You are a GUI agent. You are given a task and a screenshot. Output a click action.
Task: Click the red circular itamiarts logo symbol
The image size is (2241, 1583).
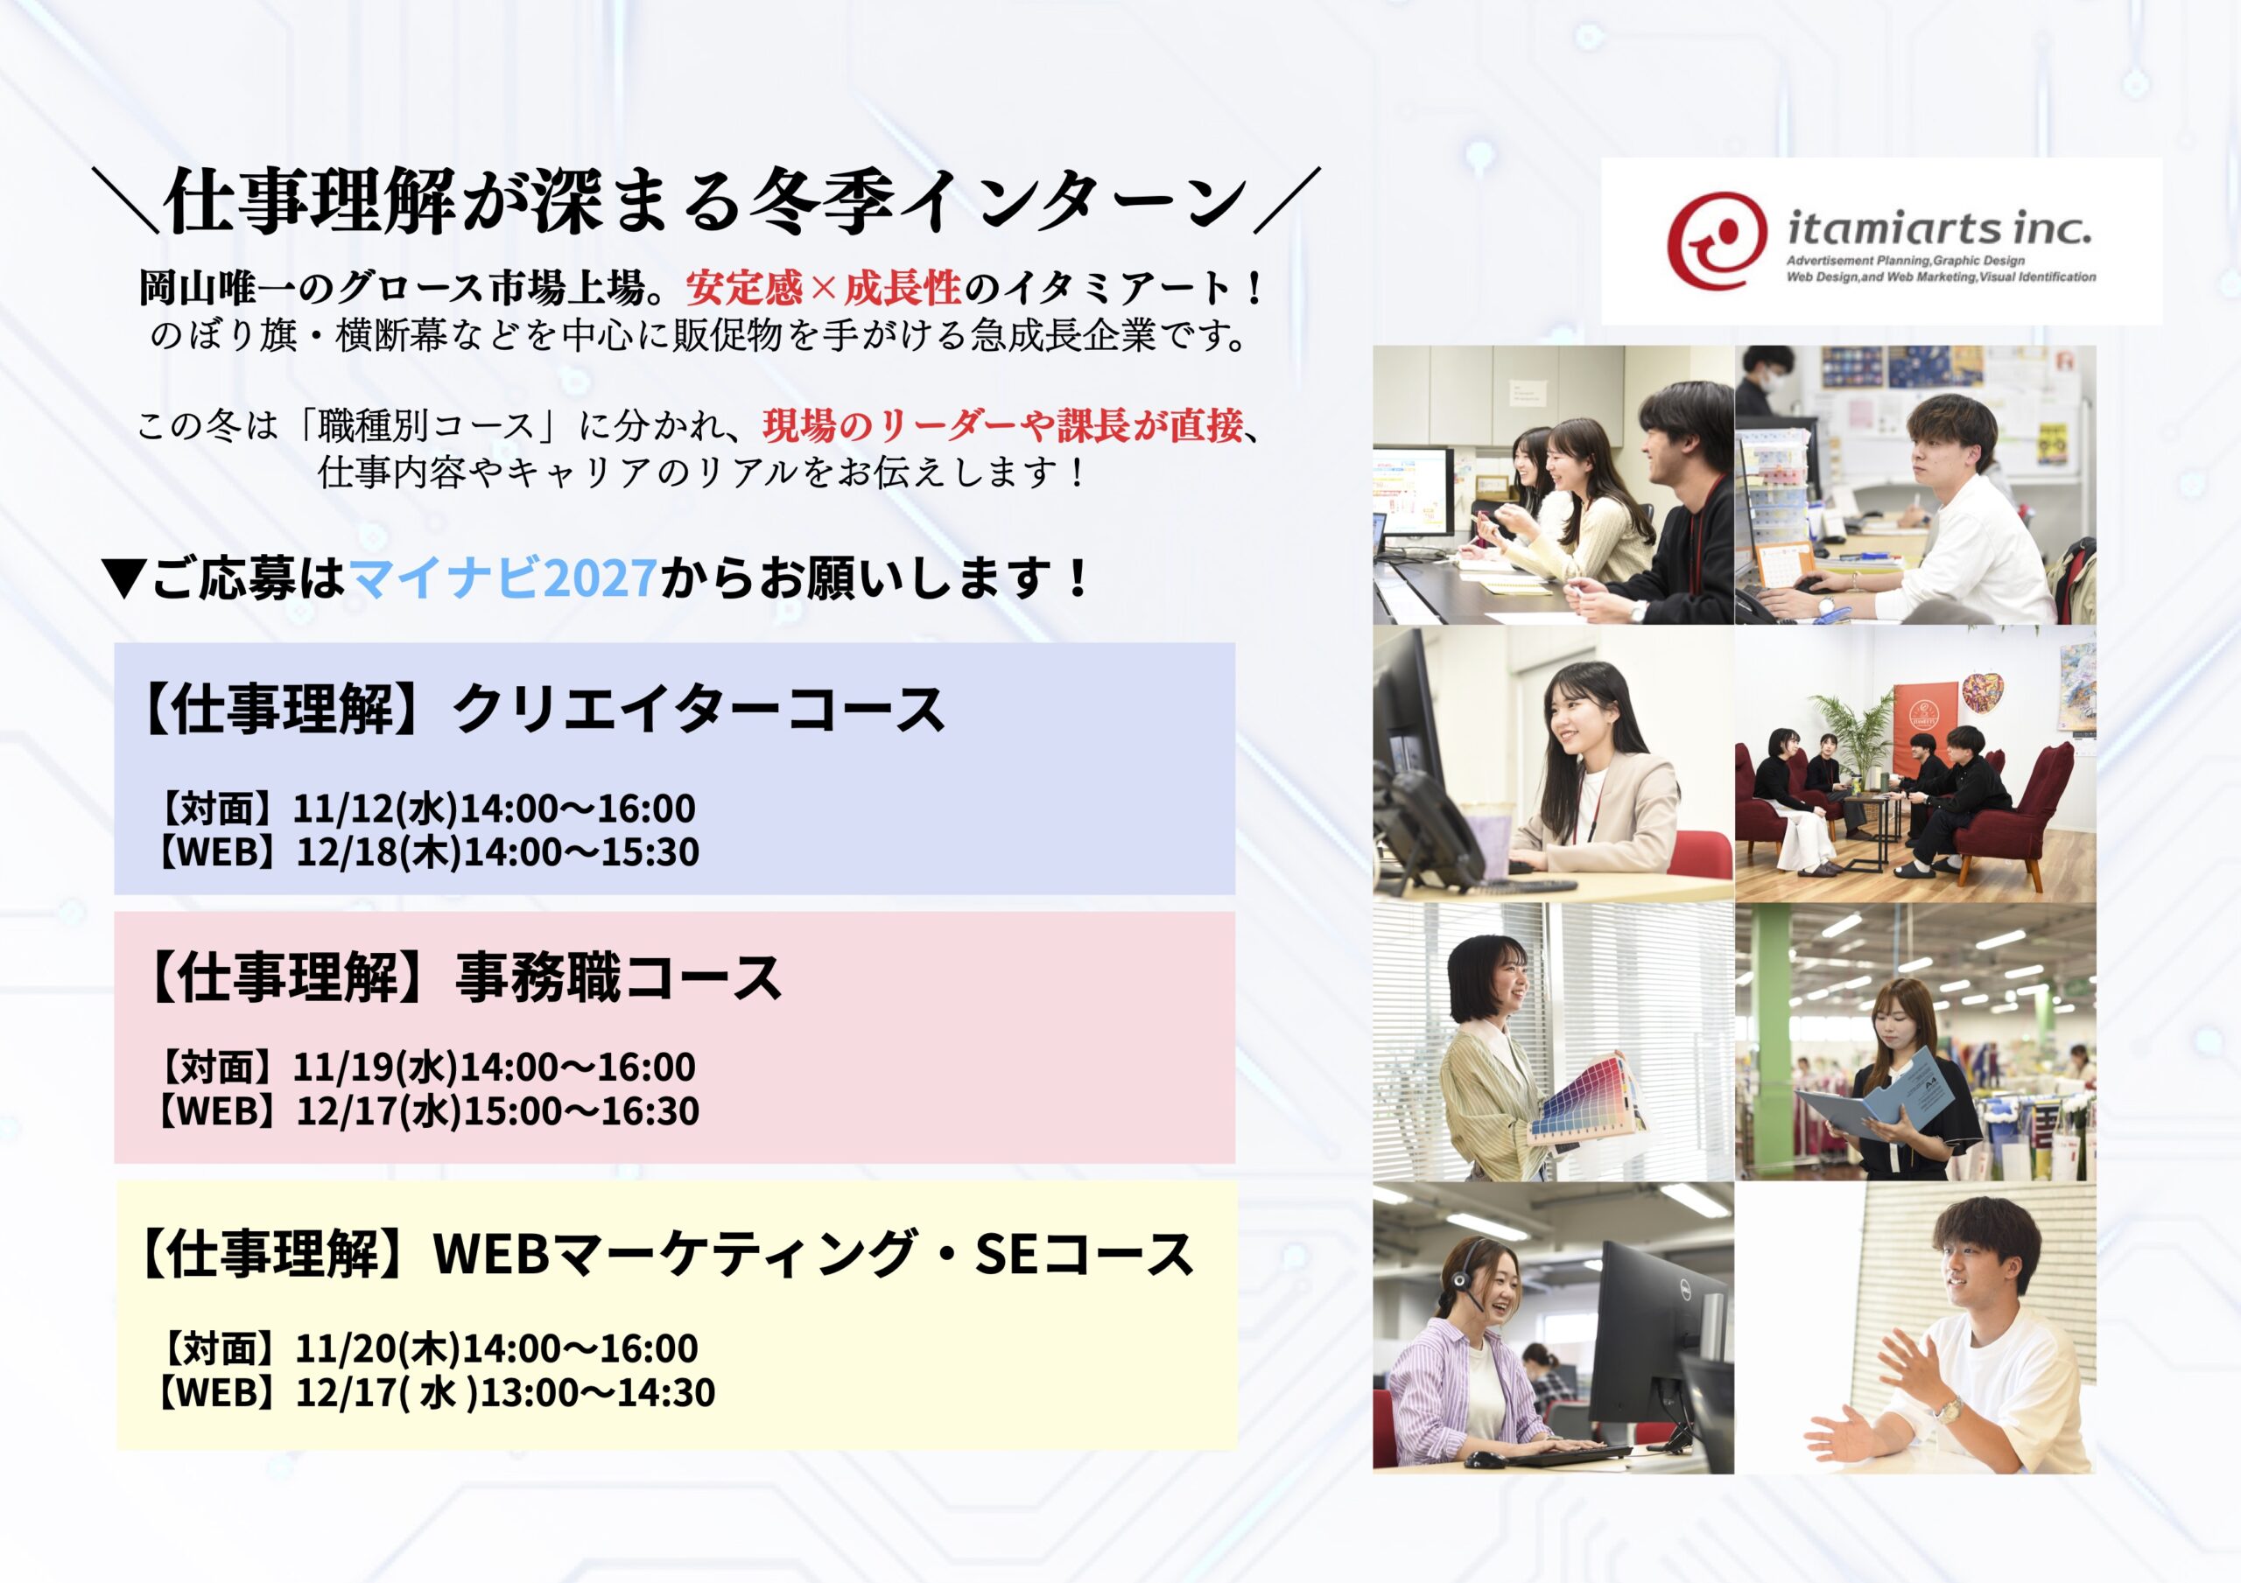click(x=1717, y=239)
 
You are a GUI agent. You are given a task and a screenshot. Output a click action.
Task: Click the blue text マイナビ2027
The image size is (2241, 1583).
click(x=503, y=578)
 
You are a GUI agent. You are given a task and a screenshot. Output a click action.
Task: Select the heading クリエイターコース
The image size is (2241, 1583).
click(x=699, y=710)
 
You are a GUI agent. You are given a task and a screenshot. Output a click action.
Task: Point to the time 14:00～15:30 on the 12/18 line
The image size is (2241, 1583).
click(x=580, y=852)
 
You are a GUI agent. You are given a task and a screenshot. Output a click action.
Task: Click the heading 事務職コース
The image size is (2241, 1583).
click(x=619, y=978)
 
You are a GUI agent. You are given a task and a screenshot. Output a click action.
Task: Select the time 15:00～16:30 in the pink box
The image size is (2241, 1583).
click(x=580, y=1110)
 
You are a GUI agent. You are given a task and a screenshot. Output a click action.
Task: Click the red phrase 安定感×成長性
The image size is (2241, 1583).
click(x=824, y=288)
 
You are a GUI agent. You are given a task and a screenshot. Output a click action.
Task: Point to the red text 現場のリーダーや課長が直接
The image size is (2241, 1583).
click(x=1002, y=425)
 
